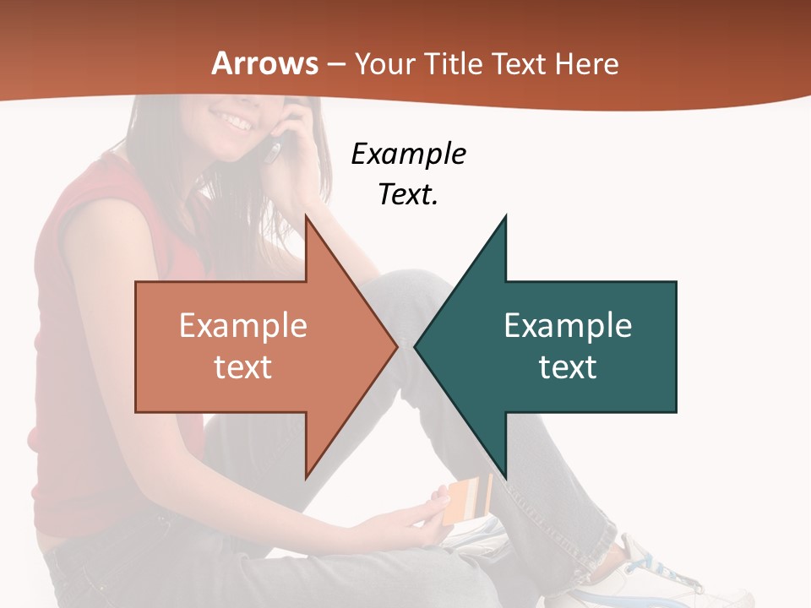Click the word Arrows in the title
coord(264,63)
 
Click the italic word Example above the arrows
coord(408,155)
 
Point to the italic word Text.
coord(408,195)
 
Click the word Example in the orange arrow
coord(243,326)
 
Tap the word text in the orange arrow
coord(243,366)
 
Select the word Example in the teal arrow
coord(568,326)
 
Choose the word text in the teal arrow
coord(568,366)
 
